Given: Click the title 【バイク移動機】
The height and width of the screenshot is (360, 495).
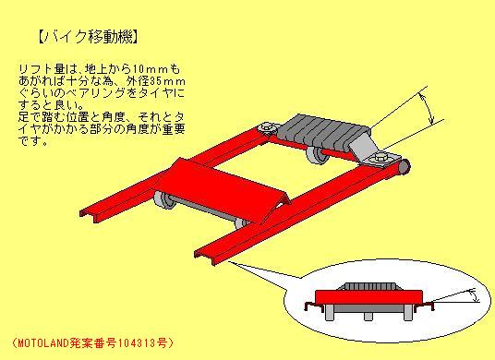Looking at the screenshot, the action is coord(88,37).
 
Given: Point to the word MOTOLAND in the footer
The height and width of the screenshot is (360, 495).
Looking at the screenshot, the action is coord(43,342).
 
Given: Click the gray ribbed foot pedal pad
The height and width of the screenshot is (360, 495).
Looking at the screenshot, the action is coord(322,132).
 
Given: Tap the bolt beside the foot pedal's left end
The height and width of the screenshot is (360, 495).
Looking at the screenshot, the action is coord(267,127).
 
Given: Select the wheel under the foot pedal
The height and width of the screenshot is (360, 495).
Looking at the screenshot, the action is coord(315,155).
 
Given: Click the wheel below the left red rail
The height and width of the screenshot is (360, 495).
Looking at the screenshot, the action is coord(164,200).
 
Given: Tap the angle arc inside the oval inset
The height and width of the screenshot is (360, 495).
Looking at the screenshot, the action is coord(474,295).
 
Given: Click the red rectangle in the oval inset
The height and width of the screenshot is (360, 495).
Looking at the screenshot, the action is coord(368,297).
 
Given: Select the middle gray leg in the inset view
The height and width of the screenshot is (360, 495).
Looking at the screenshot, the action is coord(368,316).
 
